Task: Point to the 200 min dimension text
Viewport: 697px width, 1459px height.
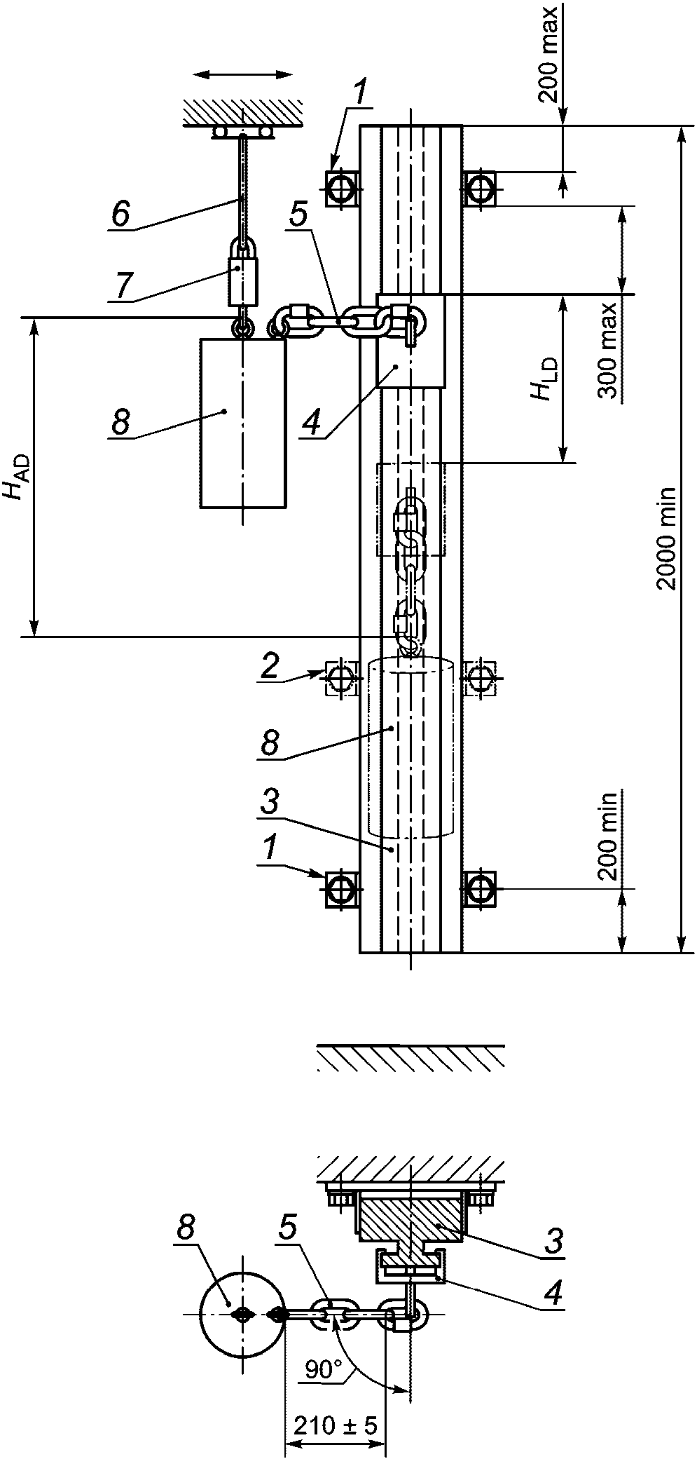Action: (608, 836)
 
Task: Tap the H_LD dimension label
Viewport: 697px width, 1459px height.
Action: (545, 379)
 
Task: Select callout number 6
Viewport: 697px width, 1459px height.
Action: (120, 215)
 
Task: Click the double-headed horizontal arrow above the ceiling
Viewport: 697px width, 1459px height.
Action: (242, 74)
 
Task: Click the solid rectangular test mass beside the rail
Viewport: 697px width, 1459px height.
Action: (242, 423)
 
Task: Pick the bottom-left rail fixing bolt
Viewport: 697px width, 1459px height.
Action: (341, 890)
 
